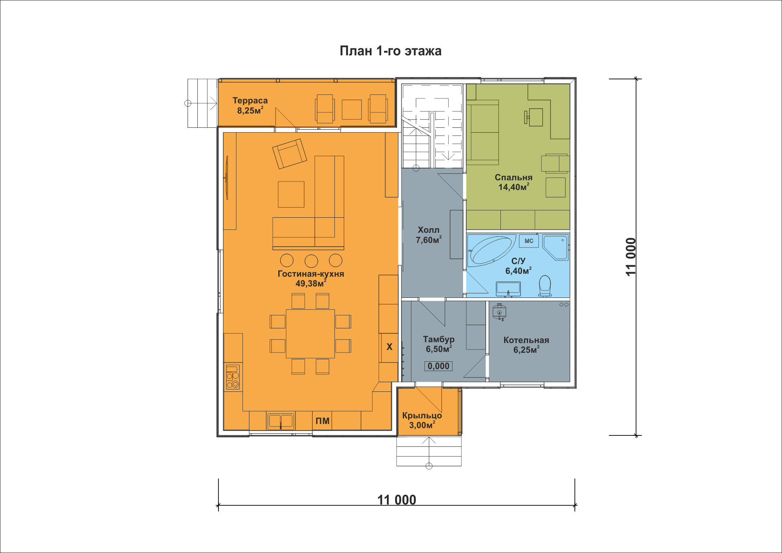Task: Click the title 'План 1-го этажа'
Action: pos(391,51)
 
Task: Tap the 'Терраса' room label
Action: pos(250,101)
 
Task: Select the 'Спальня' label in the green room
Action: pos(513,177)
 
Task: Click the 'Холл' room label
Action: pos(428,230)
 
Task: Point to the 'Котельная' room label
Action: pos(526,340)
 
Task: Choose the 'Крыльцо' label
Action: pos(422,415)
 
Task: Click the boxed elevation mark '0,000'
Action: pos(438,366)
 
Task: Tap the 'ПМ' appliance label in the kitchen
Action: pos(323,421)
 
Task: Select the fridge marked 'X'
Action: pos(389,347)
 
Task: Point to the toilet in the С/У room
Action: pos(545,286)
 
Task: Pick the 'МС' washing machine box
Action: pos(529,241)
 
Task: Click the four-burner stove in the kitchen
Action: pos(233,377)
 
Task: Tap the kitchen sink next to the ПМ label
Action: pos(281,421)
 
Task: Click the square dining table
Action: pos(310,334)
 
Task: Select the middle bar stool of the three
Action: pos(311,261)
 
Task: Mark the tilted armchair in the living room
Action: pos(290,153)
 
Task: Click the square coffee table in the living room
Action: pos(291,194)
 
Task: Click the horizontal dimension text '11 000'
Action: pos(397,500)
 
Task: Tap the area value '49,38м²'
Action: pos(311,283)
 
